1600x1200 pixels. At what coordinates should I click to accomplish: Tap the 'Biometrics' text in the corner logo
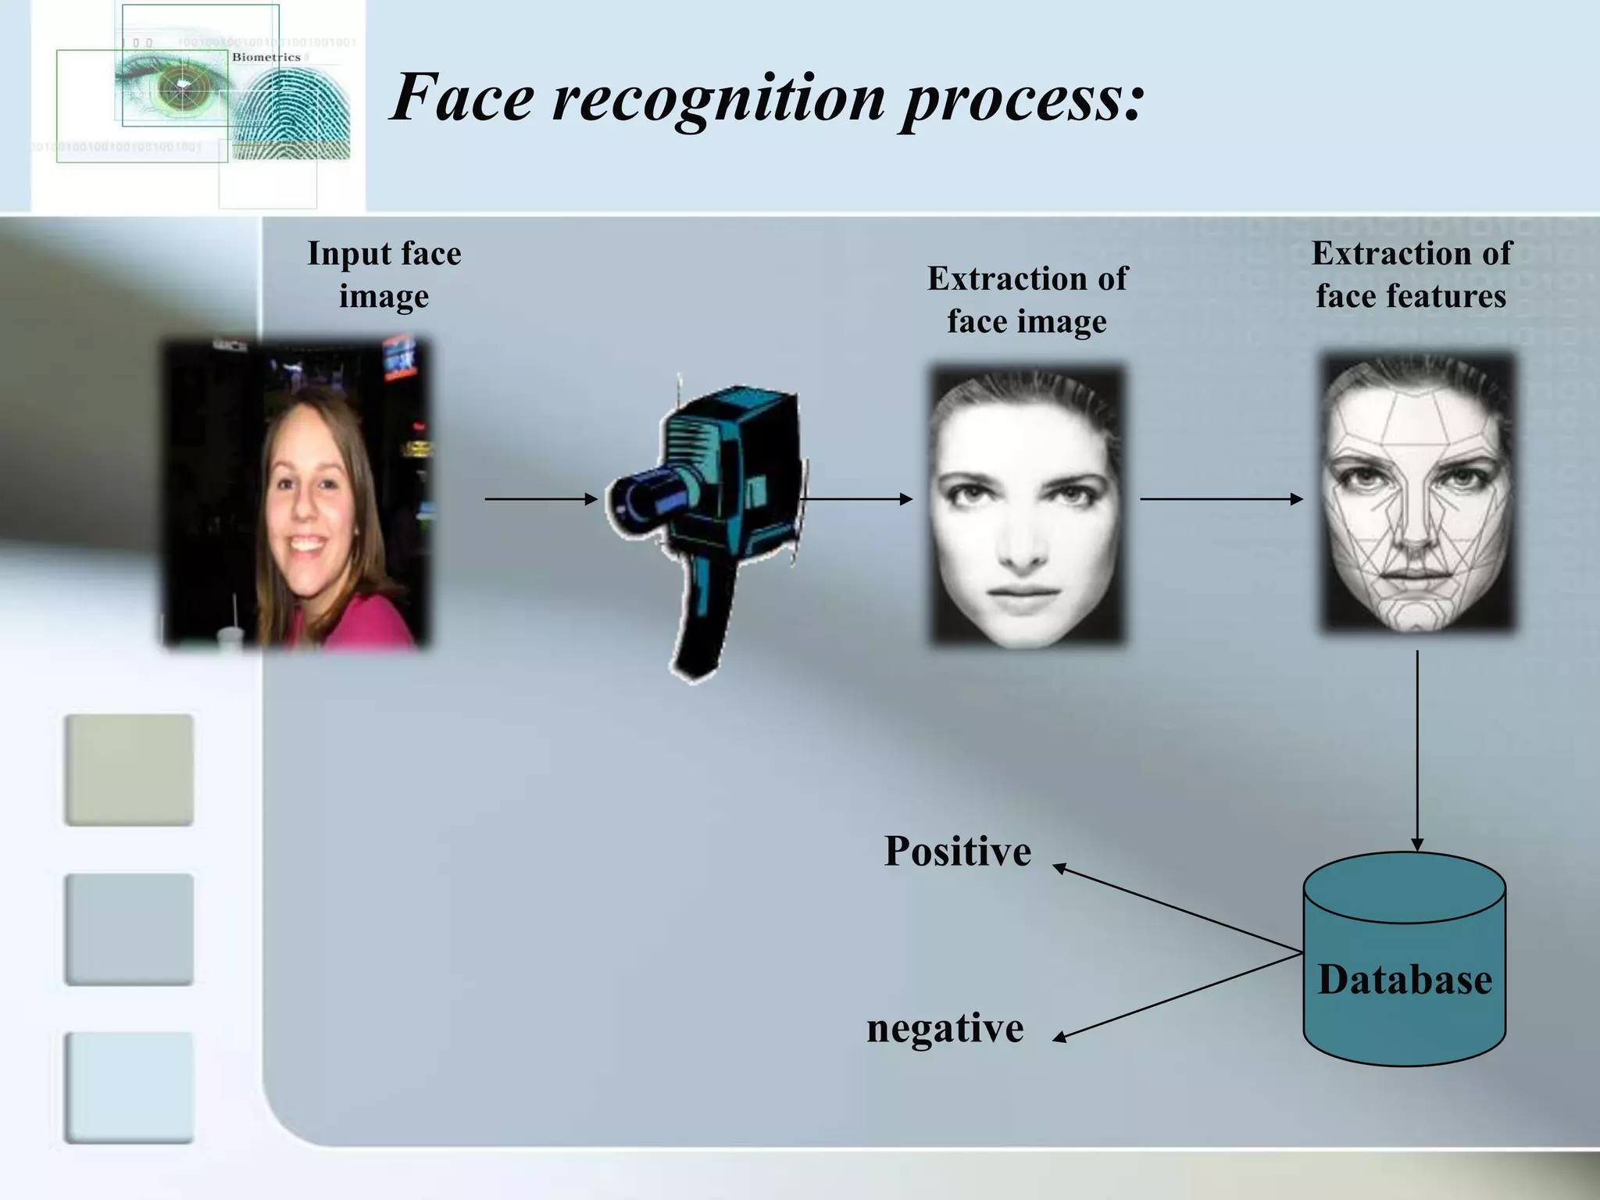[266, 57]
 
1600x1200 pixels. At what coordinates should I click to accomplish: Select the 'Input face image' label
[384, 274]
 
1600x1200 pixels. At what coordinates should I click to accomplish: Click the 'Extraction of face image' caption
[1027, 300]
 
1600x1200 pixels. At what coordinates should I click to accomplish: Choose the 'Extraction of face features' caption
[1411, 274]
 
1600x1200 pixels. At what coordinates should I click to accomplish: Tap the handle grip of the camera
[703, 625]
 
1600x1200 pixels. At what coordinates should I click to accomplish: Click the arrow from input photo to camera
[541, 498]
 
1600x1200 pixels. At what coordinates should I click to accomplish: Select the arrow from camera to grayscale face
[856, 498]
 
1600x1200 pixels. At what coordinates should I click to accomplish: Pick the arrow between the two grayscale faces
[1220, 498]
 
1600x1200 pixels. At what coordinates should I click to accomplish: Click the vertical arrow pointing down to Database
[1417, 750]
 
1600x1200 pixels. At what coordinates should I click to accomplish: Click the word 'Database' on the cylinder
[1405, 980]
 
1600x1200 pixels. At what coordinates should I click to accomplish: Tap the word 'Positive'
[957, 851]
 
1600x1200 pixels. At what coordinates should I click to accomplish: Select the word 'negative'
[945, 1028]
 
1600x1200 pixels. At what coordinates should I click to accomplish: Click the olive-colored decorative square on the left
[129, 770]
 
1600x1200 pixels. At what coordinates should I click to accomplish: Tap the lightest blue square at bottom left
[129, 1087]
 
